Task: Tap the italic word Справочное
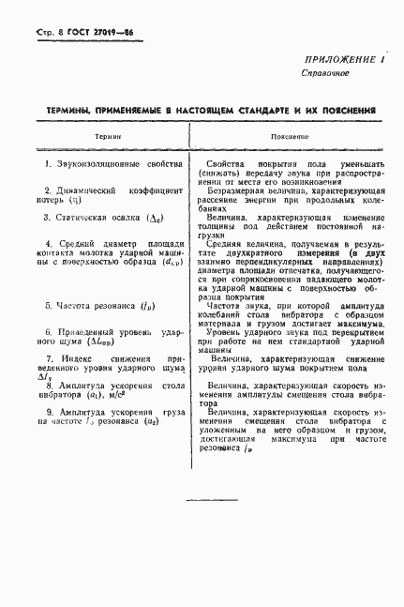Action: tap(325, 72)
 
